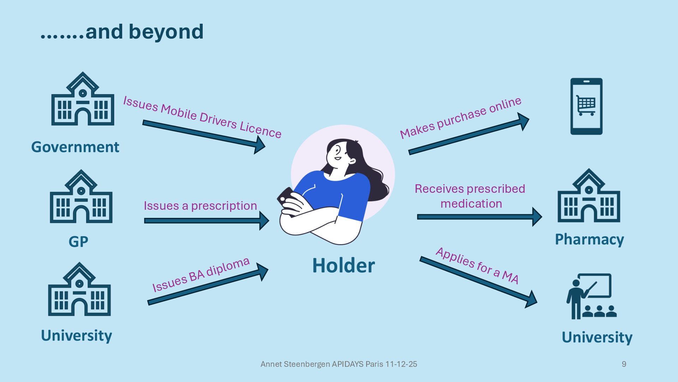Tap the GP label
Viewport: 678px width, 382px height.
[78, 242]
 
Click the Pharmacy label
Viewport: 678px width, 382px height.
[589, 239]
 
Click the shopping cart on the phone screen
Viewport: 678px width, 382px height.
[586, 105]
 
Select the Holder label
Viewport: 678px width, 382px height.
[343, 266]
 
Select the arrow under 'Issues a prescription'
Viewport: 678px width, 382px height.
[207, 221]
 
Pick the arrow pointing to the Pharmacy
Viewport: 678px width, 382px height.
[479, 216]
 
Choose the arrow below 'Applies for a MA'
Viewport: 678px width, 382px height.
[478, 281]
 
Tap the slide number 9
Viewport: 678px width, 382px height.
[624, 364]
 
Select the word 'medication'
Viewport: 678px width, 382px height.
[471, 204]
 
